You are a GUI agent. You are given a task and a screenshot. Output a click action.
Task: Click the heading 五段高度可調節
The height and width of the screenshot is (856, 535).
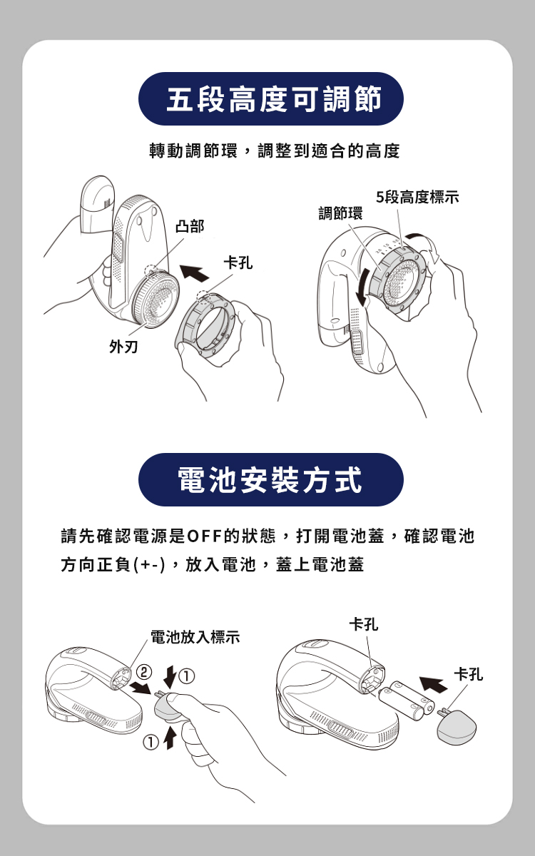[274, 99]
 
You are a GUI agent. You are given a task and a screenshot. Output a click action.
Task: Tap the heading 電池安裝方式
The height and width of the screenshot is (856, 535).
[270, 480]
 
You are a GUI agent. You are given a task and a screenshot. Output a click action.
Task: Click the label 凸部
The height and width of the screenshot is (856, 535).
[190, 226]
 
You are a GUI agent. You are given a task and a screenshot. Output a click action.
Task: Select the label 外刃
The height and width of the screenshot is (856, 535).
[123, 347]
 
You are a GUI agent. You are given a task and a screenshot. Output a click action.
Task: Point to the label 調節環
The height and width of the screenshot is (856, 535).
[340, 213]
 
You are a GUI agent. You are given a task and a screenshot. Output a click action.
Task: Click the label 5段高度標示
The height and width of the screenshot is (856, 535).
[417, 197]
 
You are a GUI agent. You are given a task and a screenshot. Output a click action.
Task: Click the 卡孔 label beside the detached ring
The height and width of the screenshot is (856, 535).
[238, 263]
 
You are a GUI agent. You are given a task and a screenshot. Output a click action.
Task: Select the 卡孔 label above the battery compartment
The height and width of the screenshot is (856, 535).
[364, 625]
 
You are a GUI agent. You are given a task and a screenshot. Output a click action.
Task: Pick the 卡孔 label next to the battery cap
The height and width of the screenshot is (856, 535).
[469, 675]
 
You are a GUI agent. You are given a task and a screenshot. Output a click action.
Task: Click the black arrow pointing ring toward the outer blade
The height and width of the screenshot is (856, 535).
[194, 272]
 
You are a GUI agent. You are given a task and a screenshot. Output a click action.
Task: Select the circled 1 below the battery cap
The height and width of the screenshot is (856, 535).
[151, 743]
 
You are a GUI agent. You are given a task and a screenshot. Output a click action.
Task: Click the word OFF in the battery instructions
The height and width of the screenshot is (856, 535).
[205, 536]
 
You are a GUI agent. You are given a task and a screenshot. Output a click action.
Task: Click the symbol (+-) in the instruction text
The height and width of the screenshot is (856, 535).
[149, 565]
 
